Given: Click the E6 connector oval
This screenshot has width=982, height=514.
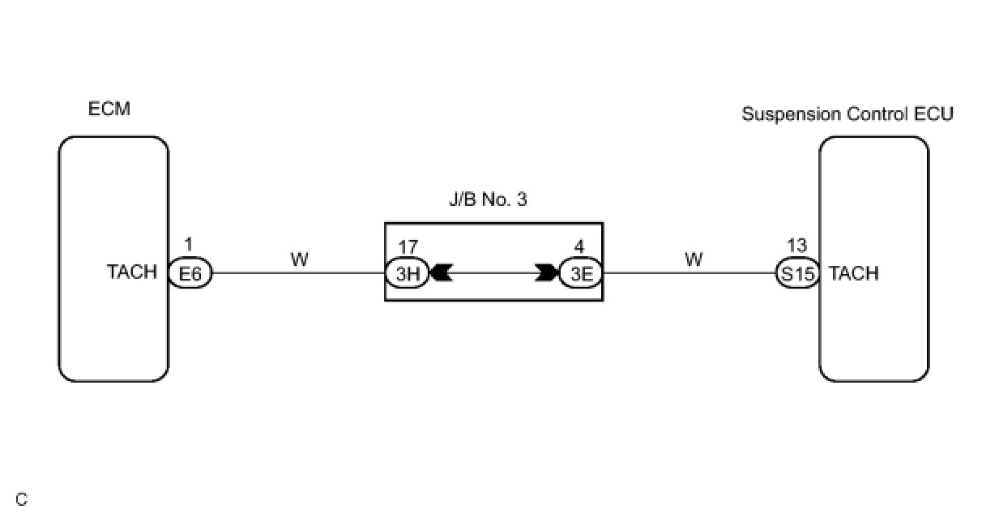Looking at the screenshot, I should pyautogui.click(x=190, y=274).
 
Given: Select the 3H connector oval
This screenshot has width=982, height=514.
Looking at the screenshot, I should pyautogui.click(x=406, y=274).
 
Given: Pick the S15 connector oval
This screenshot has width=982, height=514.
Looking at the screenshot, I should pyautogui.click(x=797, y=274).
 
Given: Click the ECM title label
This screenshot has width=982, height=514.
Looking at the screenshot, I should pyautogui.click(x=109, y=109).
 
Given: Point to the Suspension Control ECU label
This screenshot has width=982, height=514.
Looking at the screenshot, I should pyautogui.click(x=848, y=114).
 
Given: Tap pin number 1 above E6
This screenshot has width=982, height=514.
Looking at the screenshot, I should pyautogui.click(x=189, y=245).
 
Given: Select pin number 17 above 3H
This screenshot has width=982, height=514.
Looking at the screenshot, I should pyautogui.click(x=406, y=245).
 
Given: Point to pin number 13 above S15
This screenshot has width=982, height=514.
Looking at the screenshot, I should pyautogui.click(x=796, y=245).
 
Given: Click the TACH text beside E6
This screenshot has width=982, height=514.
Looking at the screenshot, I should pyautogui.click(x=132, y=272).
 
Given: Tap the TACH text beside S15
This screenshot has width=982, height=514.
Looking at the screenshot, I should pyautogui.click(x=854, y=274).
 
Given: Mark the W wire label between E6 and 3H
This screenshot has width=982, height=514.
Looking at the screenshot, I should pyautogui.click(x=299, y=259).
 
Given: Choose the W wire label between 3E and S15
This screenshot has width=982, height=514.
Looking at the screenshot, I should pyautogui.click(x=694, y=259).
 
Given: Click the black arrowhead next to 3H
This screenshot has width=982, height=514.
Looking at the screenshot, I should pyautogui.click(x=440, y=274).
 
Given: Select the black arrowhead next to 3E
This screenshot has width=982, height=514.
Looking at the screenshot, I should pyautogui.click(x=548, y=274).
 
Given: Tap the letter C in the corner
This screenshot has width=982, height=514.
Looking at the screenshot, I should pyautogui.click(x=21, y=499).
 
